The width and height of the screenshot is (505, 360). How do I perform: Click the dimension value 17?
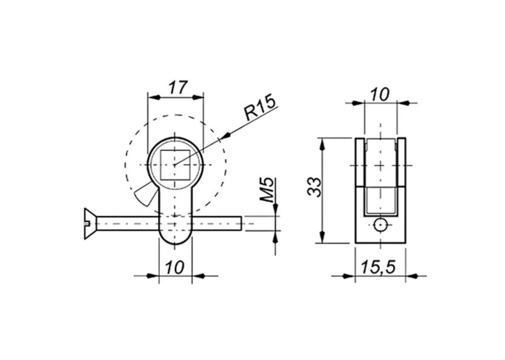pyautogui.click(x=176, y=87)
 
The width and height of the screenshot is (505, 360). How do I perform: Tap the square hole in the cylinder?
pyautogui.click(x=175, y=164)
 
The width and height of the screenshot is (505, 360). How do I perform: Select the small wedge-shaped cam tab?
pyautogui.click(x=144, y=195)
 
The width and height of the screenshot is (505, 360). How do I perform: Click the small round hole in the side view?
pyautogui.click(x=380, y=225)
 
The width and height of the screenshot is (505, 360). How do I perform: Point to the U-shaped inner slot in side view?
pyautogui.click(x=380, y=200)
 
